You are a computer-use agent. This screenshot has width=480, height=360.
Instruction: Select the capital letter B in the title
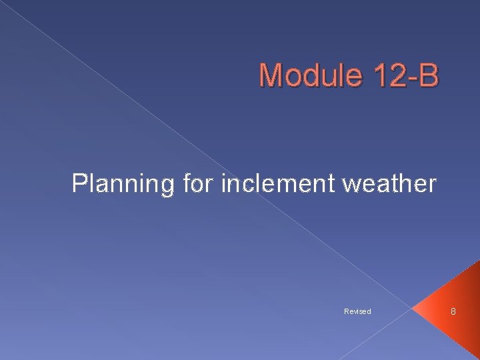[429, 75]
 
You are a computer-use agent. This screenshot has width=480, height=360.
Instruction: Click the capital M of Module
[271, 75]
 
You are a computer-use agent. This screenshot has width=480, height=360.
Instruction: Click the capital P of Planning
[79, 183]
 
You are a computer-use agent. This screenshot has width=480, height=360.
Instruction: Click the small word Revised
[357, 311]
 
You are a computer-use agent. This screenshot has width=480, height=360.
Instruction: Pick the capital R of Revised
[347, 311]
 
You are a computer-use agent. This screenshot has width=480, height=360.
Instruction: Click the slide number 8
[453, 311]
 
